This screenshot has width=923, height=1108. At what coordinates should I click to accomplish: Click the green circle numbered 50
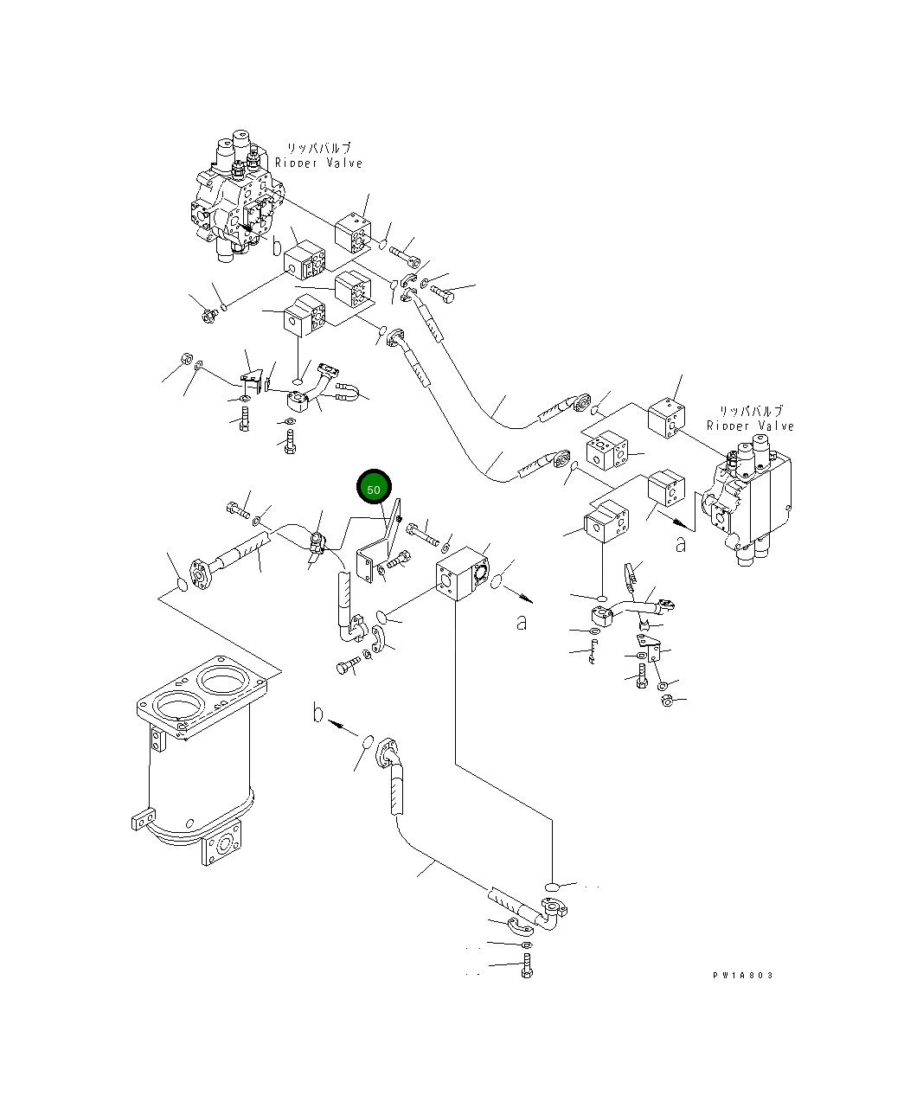[375, 489]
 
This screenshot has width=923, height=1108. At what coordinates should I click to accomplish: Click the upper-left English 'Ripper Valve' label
[318, 163]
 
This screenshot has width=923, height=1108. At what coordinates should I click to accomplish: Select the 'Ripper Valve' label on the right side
[750, 426]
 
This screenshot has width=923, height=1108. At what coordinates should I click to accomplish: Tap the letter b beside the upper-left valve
[277, 247]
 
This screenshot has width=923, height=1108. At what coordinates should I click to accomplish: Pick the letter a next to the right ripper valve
[682, 544]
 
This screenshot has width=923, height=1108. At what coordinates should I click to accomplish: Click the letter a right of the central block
[521, 622]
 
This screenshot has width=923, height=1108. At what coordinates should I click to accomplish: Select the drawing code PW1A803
[743, 975]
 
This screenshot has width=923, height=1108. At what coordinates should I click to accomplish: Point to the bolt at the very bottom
[527, 968]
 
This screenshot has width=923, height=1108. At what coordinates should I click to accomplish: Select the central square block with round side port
[461, 575]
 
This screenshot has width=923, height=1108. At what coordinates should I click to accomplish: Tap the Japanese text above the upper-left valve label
[318, 149]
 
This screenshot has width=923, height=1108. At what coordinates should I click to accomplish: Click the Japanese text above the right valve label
[750, 412]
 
